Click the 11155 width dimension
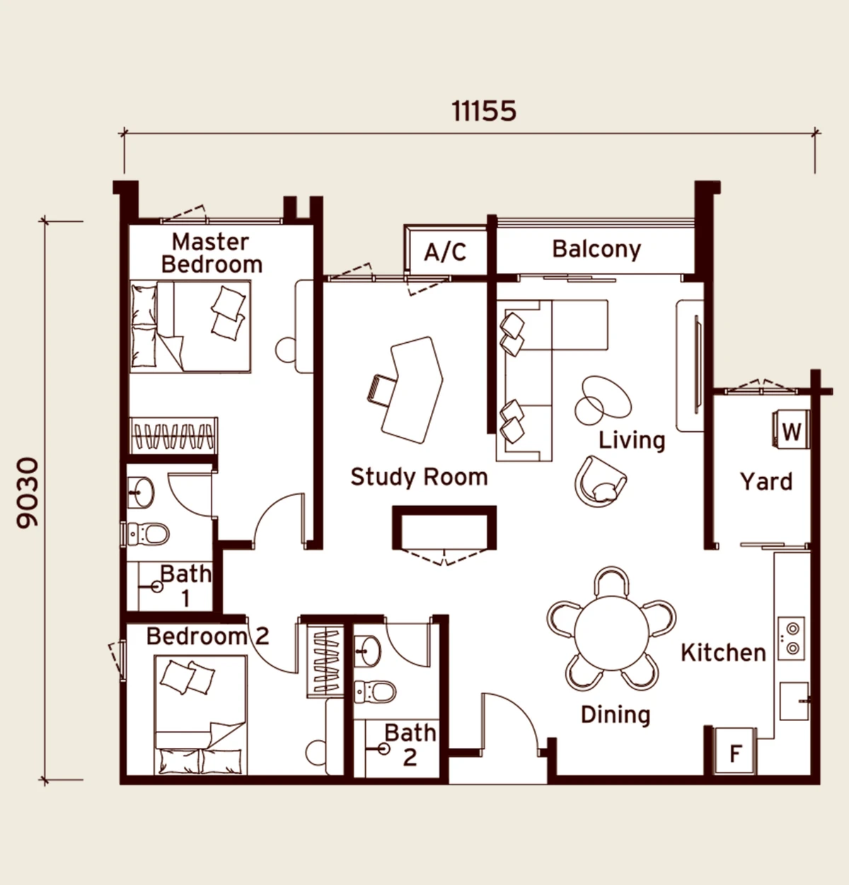click(484, 112)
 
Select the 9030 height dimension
click(28, 493)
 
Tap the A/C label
click(445, 252)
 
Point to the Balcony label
click(596, 250)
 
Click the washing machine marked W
click(791, 430)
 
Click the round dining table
click(612, 633)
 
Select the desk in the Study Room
click(412, 389)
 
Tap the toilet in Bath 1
click(148, 533)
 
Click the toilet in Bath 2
click(375, 692)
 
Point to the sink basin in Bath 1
click(141, 493)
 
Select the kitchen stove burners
click(792, 638)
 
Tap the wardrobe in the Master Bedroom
click(173, 435)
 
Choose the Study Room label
click(420, 477)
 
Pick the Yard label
click(767, 481)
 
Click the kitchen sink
click(794, 701)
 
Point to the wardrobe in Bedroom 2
click(325, 662)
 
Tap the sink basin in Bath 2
click(367, 651)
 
